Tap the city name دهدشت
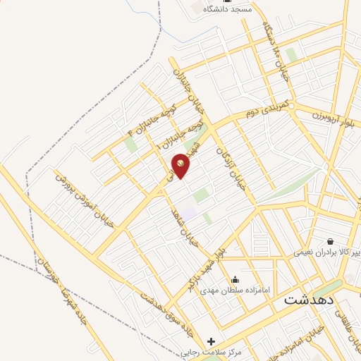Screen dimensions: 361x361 tap(311, 299)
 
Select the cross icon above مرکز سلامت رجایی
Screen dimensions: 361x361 tap(211, 342)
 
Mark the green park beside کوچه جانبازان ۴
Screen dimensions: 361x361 tap(130, 144)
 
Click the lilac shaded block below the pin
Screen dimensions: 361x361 tap(189, 210)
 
